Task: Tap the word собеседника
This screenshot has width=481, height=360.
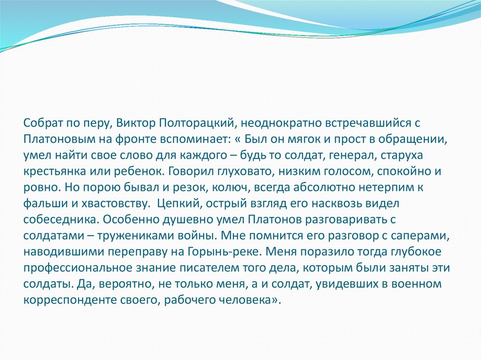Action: click(x=60, y=221)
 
